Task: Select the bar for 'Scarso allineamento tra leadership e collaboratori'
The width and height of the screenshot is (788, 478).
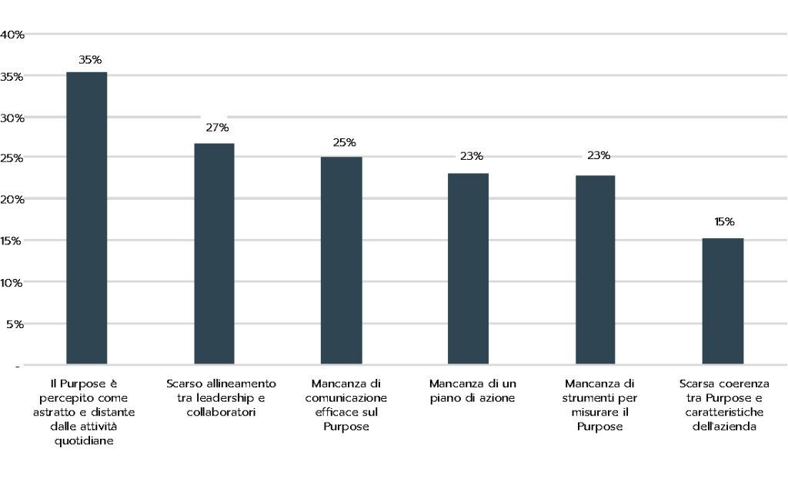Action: coord(214,254)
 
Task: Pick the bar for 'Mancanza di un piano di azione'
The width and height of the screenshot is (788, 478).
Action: coord(468,268)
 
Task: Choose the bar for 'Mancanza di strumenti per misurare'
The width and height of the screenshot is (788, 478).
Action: coord(595,269)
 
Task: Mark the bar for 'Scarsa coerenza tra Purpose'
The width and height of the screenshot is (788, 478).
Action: coord(723,300)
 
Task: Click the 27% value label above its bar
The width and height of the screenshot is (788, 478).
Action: coord(217,128)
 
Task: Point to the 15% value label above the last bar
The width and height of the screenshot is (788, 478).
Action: coord(724,222)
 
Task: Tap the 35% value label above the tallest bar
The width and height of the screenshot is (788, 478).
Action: coord(90,59)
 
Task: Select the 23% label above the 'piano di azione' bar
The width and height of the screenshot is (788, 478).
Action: coord(472,156)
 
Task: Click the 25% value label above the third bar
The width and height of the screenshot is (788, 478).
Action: coord(344,142)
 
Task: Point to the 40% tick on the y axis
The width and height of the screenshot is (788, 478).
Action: coord(12,35)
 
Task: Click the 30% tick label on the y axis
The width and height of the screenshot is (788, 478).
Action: coord(12,118)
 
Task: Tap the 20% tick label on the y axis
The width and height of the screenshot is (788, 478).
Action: coord(12,199)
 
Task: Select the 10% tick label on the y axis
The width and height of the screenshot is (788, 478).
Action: coord(12,282)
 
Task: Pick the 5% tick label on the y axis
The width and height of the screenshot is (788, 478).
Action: coord(15,324)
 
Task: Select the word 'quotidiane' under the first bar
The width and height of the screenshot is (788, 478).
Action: coord(87,441)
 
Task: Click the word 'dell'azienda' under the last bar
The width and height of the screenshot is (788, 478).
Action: coord(721,427)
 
